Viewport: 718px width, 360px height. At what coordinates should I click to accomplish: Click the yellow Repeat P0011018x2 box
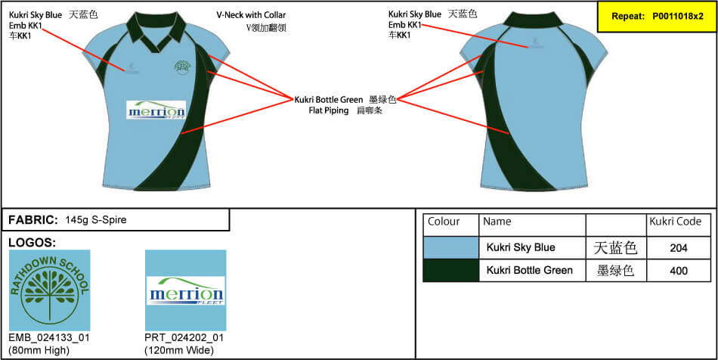[656, 16]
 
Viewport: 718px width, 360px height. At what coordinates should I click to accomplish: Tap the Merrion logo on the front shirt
[156, 110]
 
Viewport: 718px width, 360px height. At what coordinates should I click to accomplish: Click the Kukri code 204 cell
[678, 247]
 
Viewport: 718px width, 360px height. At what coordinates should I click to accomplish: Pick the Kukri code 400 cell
[678, 271]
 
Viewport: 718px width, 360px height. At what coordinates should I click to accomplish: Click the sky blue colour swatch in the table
[451, 247]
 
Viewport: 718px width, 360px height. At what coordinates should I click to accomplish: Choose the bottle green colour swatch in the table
[451, 271]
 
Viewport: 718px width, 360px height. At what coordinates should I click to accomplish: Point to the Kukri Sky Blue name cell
[521, 247]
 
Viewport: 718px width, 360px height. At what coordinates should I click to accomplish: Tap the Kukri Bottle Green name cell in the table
[529, 270]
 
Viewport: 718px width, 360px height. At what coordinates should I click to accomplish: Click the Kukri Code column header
[676, 222]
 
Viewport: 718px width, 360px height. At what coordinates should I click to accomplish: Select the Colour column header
[444, 222]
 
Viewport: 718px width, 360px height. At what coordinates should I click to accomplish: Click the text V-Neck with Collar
[251, 15]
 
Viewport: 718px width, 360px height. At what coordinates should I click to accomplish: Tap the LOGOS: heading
[32, 243]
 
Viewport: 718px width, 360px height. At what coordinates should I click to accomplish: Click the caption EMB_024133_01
[48, 337]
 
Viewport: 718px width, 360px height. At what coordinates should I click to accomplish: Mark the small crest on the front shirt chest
[181, 67]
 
